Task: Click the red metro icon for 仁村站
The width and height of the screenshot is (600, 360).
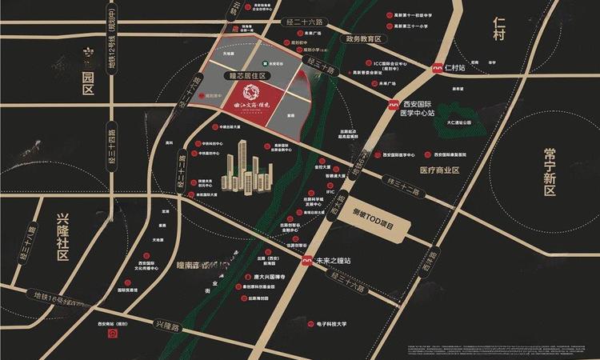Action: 437,70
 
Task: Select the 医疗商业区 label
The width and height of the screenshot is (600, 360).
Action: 439,170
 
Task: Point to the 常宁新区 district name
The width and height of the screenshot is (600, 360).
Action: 549,171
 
